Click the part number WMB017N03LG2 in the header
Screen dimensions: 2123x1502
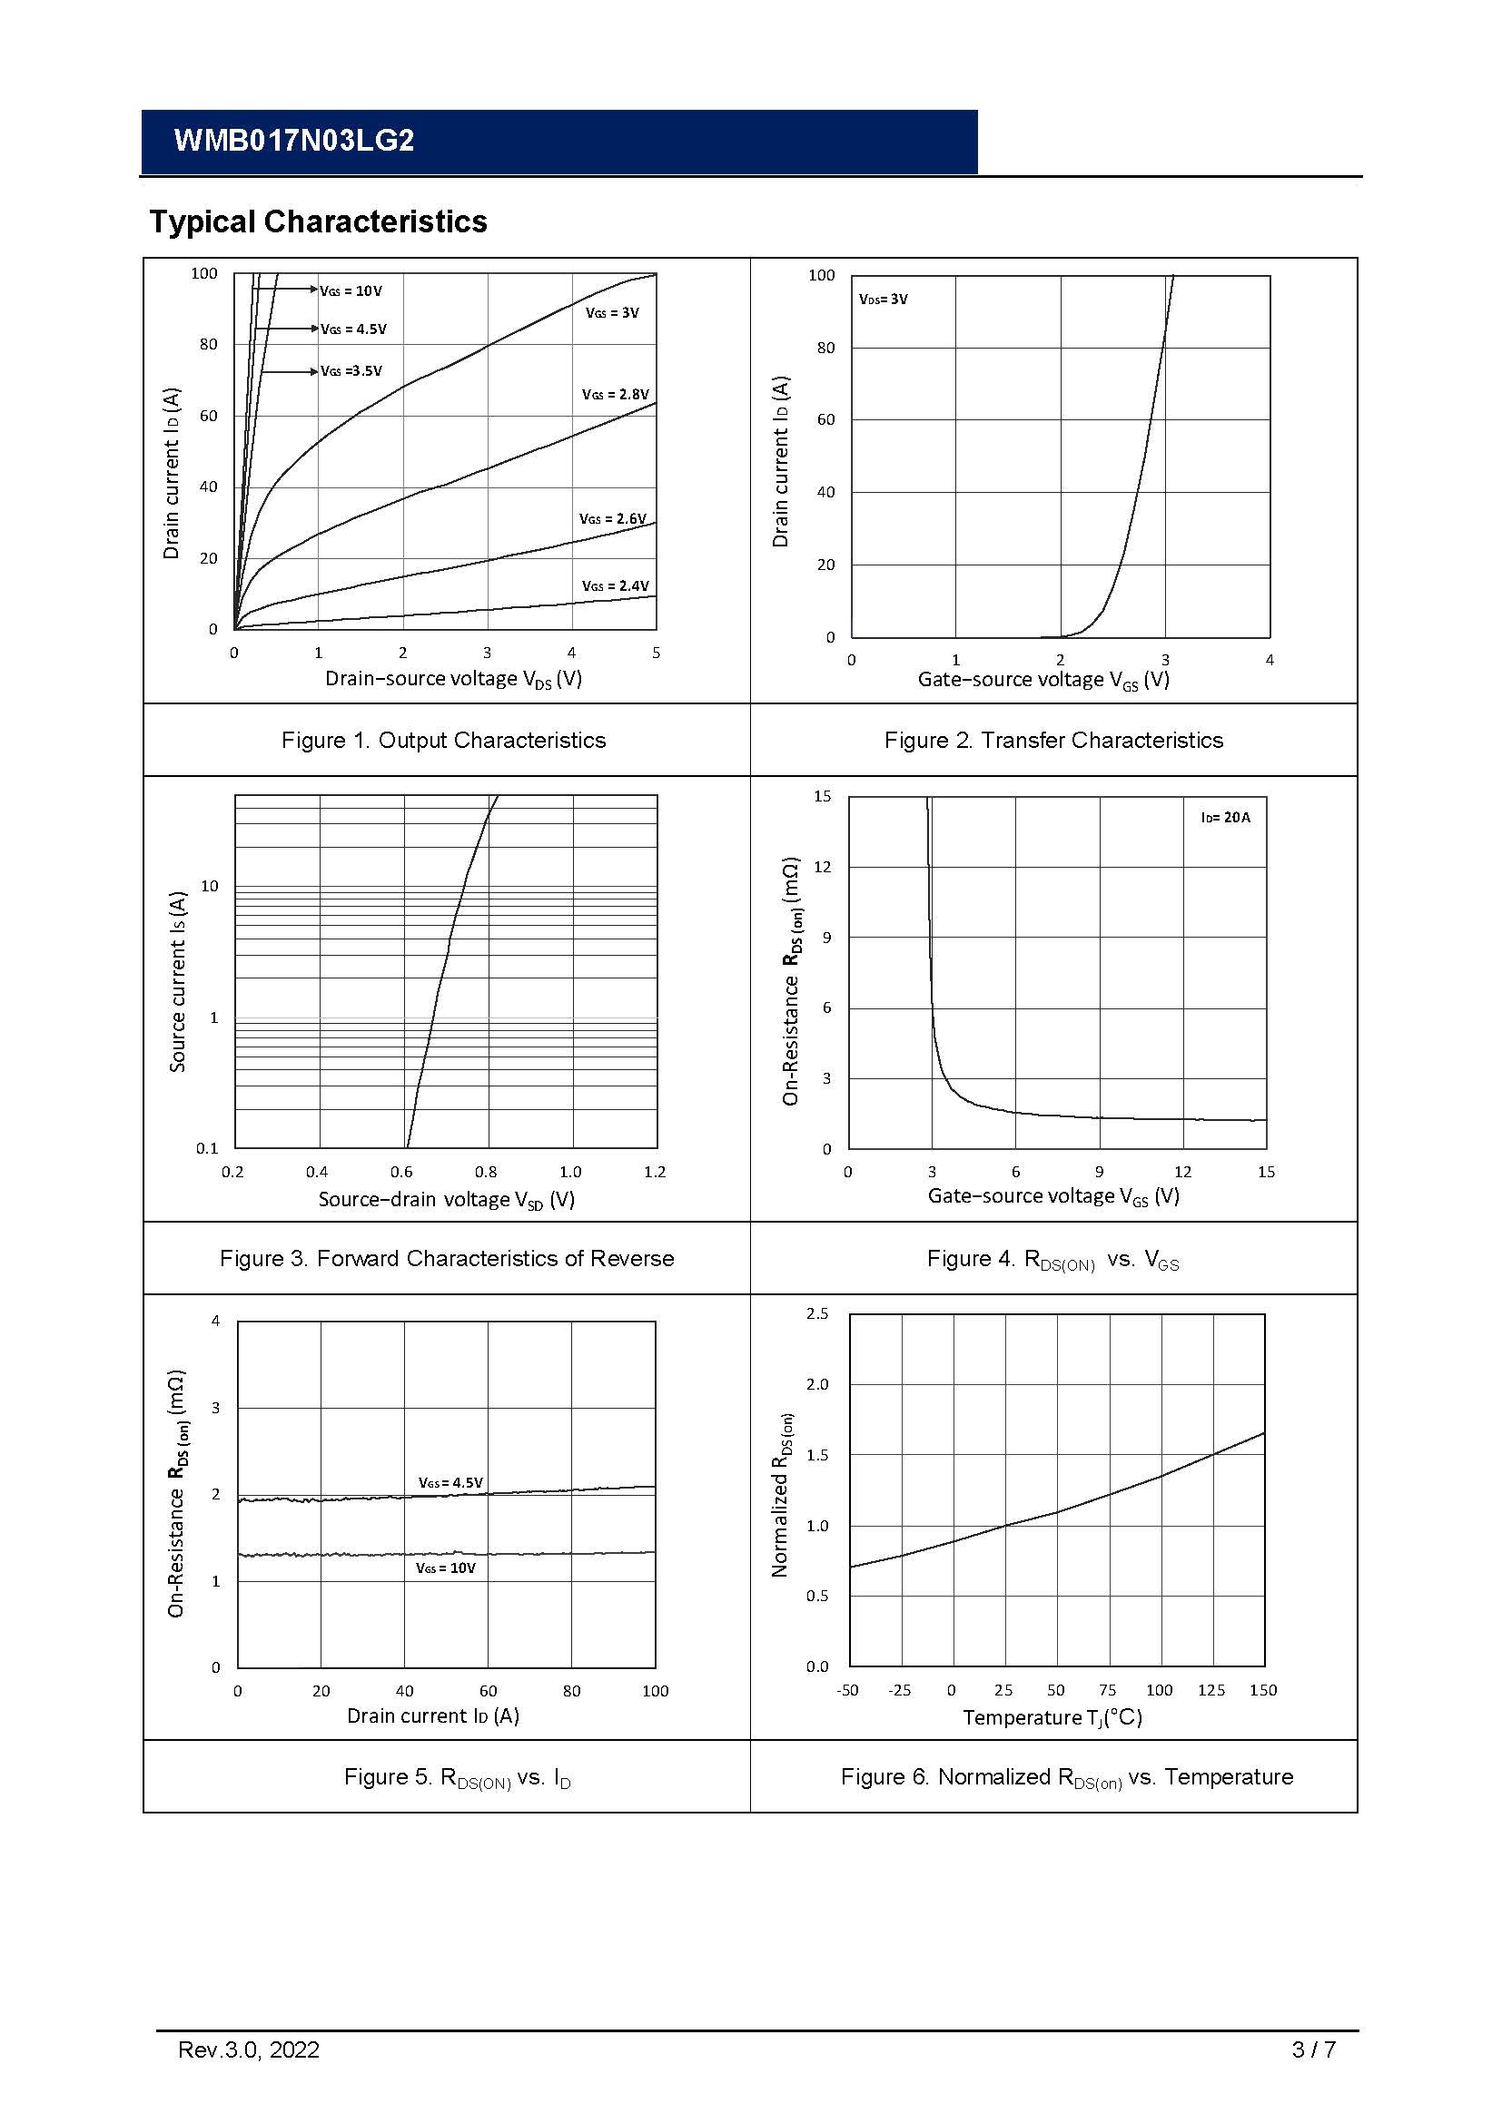(294, 141)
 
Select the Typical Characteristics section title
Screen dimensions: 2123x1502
(318, 221)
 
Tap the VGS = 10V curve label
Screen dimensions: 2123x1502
(351, 291)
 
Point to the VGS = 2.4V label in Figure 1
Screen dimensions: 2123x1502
(615, 586)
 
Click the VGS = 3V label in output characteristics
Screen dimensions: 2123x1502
(612, 313)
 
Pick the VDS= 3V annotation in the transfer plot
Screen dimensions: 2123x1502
(884, 300)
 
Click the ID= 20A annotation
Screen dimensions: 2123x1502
(1225, 818)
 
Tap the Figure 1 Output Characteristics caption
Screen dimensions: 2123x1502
(444, 740)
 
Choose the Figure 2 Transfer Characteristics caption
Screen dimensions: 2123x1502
(1053, 740)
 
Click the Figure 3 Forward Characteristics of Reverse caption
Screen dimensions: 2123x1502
(447, 1258)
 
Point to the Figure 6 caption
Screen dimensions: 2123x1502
(1066, 1776)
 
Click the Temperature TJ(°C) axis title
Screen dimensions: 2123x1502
(1052, 1717)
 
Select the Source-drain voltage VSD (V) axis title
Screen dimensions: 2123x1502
(447, 1200)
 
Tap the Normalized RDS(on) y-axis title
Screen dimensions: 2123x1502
(782, 1494)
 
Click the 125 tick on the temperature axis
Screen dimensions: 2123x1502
(1210, 1690)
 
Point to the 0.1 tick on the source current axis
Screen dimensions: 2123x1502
(207, 1148)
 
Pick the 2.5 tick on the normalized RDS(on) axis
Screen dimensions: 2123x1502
(817, 1314)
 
